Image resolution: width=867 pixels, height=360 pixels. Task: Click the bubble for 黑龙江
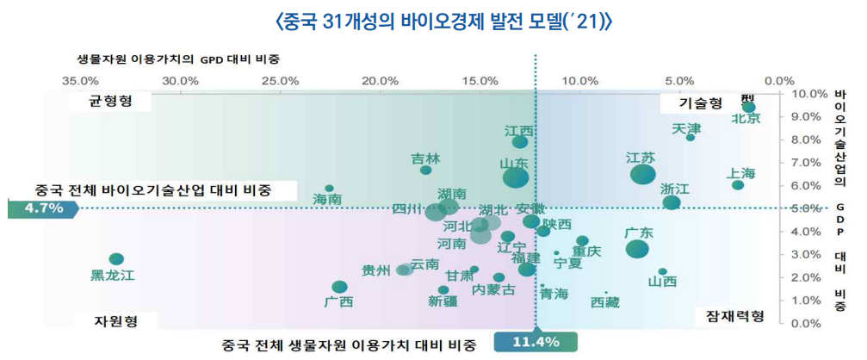tap(116, 259)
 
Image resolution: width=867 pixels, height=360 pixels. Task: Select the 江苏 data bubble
tap(642, 174)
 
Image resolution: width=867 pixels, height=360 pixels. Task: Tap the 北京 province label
tap(746, 119)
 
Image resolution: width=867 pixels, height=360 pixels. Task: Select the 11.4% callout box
tap(536, 342)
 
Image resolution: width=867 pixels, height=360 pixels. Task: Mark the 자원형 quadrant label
tap(115, 320)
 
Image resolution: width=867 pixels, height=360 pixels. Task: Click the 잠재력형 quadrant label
tap(729, 316)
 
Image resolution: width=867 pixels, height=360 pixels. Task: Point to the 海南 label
tap(326, 199)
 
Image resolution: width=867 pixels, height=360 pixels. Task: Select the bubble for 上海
tap(738, 185)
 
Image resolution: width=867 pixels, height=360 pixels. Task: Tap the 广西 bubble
tap(339, 287)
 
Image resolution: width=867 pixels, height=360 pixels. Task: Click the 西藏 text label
tap(604, 302)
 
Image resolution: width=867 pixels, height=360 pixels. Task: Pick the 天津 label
tap(686, 129)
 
